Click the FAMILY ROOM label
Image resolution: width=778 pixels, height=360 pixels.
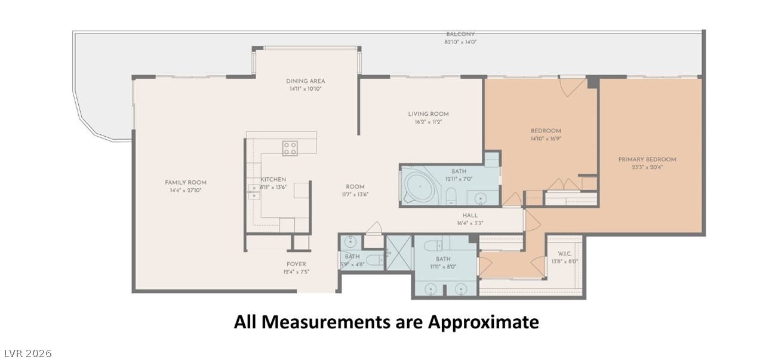click(x=186, y=182)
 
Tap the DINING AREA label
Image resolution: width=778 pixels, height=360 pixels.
click(x=306, y=81)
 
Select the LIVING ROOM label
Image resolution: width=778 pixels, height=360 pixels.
click(x=428, y=114)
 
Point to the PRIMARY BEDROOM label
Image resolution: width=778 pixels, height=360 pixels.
click(x=647, y=159)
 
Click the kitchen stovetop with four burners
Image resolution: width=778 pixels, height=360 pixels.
click(x=290, y=148)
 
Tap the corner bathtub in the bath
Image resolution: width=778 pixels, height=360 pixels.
click(x=421, y=186)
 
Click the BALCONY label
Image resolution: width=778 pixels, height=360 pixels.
click(x=460, y=34)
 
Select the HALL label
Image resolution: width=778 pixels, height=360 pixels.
click(x=470, y=216)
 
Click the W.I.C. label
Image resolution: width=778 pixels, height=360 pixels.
click(x=564, y=254)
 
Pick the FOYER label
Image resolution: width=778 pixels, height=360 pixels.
click(x=296, y=264)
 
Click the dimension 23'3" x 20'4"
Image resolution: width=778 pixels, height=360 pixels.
click(x=647, y=167)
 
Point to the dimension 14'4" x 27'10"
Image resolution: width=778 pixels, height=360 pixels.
click(x=186, y=190)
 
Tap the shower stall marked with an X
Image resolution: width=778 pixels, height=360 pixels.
click(x=399, y=253)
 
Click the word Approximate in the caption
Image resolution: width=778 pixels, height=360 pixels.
click(x=484, y=322)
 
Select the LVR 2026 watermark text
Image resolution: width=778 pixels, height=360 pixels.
click(x=26, y=353)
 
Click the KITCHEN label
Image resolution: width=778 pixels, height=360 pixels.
click(x=273, y=180)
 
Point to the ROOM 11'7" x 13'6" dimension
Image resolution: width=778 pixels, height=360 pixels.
click(x=355, y=195)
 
